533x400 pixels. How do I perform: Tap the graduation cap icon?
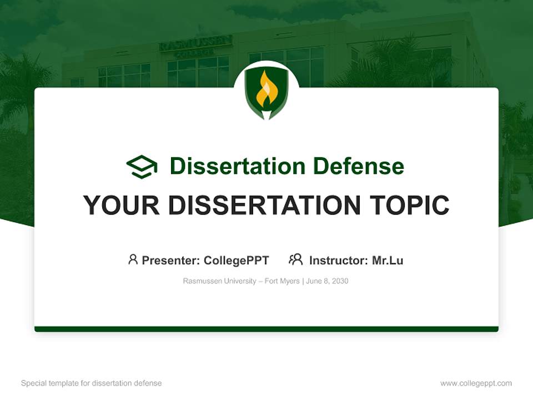tap(142, 166)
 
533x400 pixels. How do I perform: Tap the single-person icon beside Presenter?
tap(133, 259)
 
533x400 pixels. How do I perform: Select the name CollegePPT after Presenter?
tap(237, 261)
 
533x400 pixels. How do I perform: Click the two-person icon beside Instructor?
tap(295, 259)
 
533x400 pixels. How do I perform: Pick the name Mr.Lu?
tap(388, 261)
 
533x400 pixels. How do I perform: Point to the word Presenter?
tap(171, 261)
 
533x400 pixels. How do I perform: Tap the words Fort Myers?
tap(282, 281)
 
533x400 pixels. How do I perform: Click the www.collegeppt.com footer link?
tap(476, 383)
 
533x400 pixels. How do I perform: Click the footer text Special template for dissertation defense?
tap(92, 383)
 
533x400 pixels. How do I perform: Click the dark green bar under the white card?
tap(266, 329)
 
